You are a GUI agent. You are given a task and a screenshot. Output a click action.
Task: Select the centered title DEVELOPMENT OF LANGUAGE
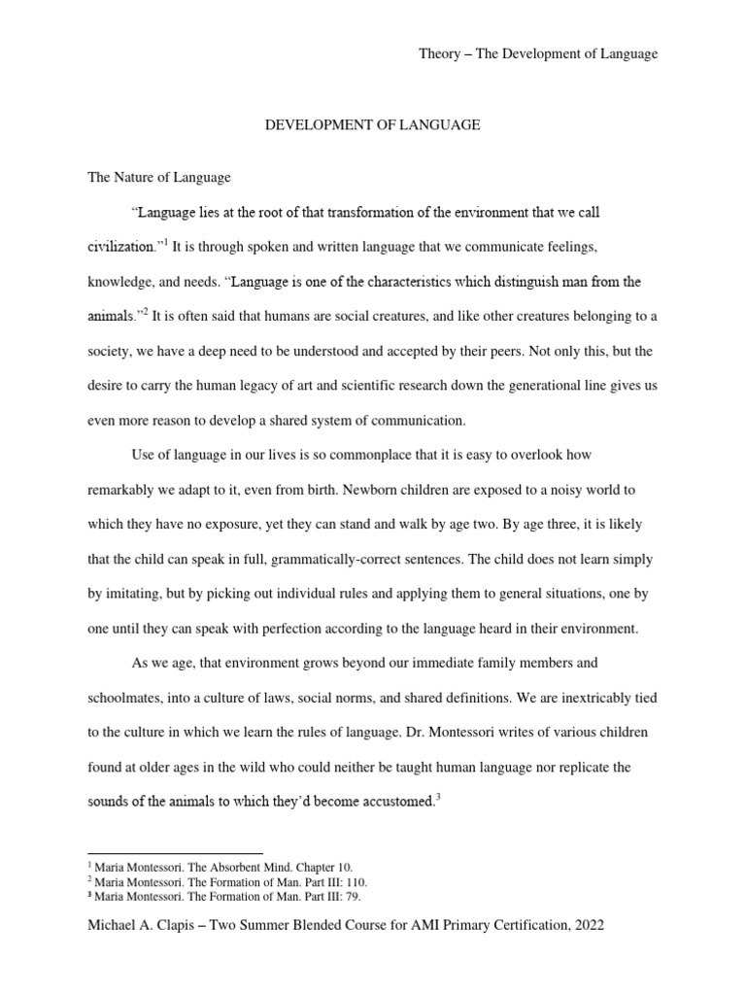click(x=373, y=125)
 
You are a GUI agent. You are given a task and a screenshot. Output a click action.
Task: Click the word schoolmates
click(x=126, y=699)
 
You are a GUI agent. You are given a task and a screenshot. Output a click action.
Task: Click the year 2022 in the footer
click(x=586, y=926)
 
